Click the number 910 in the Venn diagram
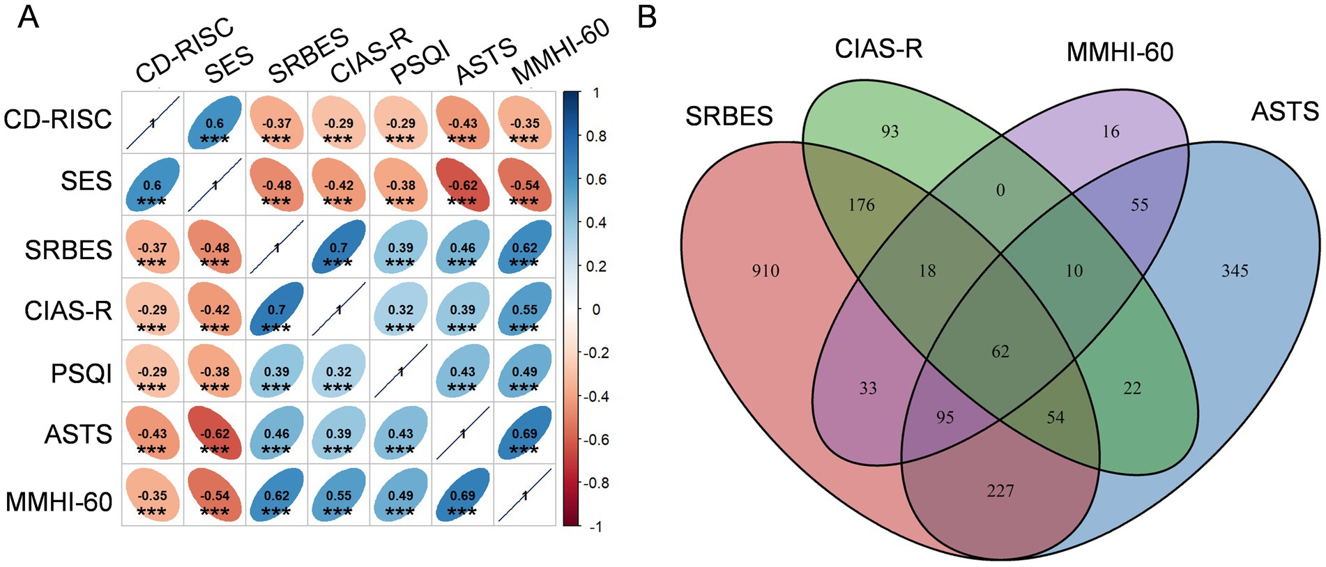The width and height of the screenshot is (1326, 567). (765, 271)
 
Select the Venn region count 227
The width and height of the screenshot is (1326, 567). (1000, 491)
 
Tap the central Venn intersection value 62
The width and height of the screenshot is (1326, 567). (1000, 352)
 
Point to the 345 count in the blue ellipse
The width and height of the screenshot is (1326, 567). (1234, 271)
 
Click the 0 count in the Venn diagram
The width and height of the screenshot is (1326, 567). (1000, 190)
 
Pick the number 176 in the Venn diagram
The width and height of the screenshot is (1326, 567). (862, 205)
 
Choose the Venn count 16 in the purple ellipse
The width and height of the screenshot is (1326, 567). (1111, 131)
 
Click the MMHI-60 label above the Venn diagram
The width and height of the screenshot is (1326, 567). (1120, 52)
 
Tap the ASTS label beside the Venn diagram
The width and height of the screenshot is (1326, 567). (1284, 111)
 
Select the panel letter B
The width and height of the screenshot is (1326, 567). (648, 17)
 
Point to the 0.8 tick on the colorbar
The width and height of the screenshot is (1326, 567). (596, 136)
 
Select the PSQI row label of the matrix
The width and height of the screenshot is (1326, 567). (81, 373)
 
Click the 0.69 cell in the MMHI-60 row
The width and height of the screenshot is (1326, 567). (462, 496)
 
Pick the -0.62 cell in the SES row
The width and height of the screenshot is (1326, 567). (462, 185)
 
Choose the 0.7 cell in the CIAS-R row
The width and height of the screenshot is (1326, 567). (277, 309)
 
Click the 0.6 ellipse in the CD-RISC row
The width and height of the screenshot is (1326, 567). (215, 123)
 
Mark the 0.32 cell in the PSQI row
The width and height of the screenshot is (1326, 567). (338, 371)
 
